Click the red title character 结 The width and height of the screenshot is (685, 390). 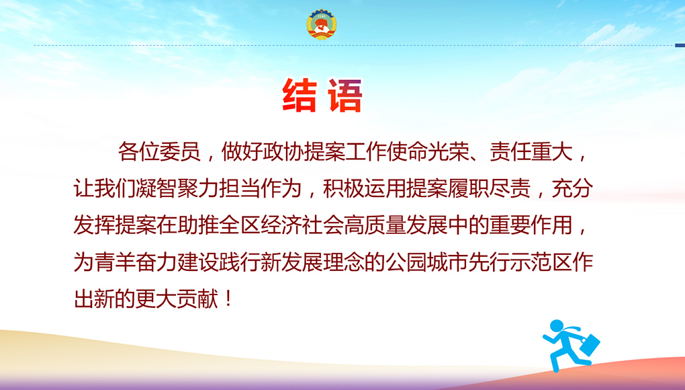(300, 95)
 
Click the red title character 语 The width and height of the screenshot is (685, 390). (346, 95)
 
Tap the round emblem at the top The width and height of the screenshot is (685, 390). (321, 24)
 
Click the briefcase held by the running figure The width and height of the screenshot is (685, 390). (589, 344)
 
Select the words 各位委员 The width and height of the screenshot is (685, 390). (159, 152)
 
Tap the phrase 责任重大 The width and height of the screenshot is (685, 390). (531, 152)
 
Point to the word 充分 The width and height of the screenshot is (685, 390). (572, 189)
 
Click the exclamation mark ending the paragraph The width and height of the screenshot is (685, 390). (229, 299)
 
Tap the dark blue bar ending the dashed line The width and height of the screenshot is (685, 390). (680, 45)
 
